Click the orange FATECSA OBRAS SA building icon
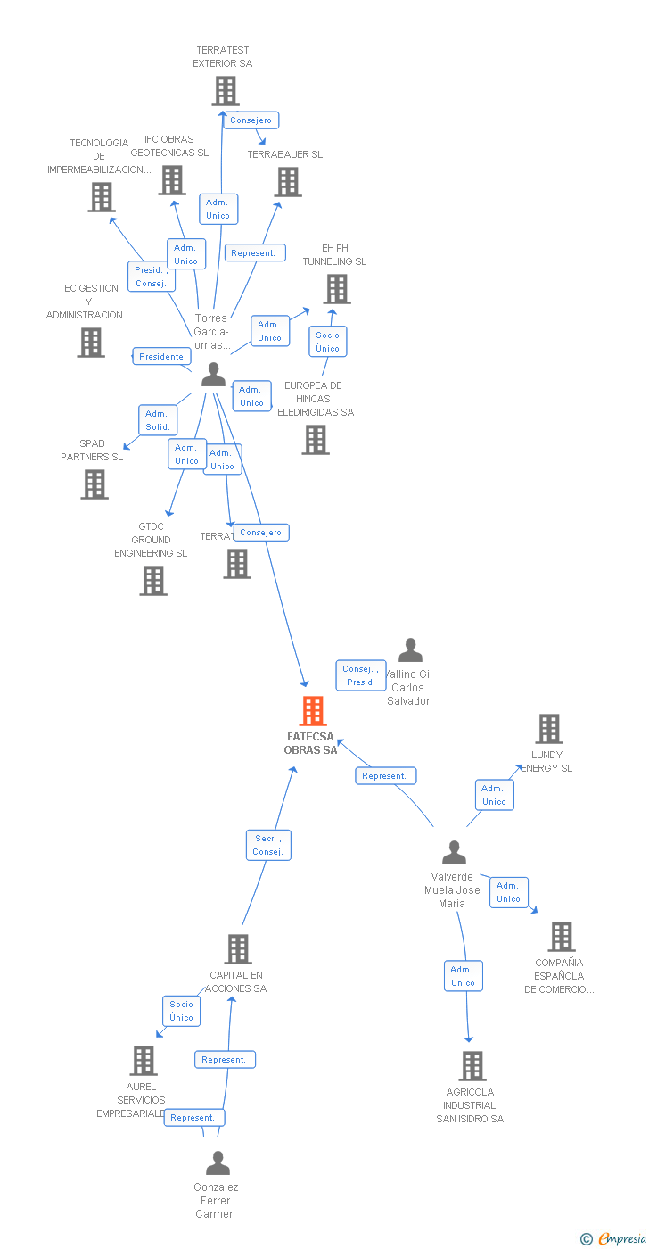(x=313, y=711)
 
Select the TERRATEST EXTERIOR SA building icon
(x=226, y=91)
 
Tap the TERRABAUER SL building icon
(x=288, y=182)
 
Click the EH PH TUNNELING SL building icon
(x=336, y=289)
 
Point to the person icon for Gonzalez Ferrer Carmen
(x=218, y=1162)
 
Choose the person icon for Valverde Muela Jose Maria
(x=454, y=853)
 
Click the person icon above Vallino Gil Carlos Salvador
(x=410, y=649)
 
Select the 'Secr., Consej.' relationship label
(x=268, y=845)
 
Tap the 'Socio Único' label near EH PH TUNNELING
(x=327, y=342)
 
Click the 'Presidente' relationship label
(x=161, y=356)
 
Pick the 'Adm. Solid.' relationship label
(x=158, y=420)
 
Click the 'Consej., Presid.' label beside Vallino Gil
(x=361, y=675)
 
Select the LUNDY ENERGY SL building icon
(x=548, y=729)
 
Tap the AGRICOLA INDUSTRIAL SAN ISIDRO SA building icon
(x=472, y=1065)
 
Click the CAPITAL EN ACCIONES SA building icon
(x=238, y=949)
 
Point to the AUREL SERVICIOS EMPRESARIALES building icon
(x=144, y=1061)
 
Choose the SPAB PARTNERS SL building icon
(x=94, y=484)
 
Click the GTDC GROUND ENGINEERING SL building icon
(x=153, y=581)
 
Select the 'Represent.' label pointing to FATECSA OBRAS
(x=385, y=775)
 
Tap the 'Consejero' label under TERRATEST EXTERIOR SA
(x=251, y=120)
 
